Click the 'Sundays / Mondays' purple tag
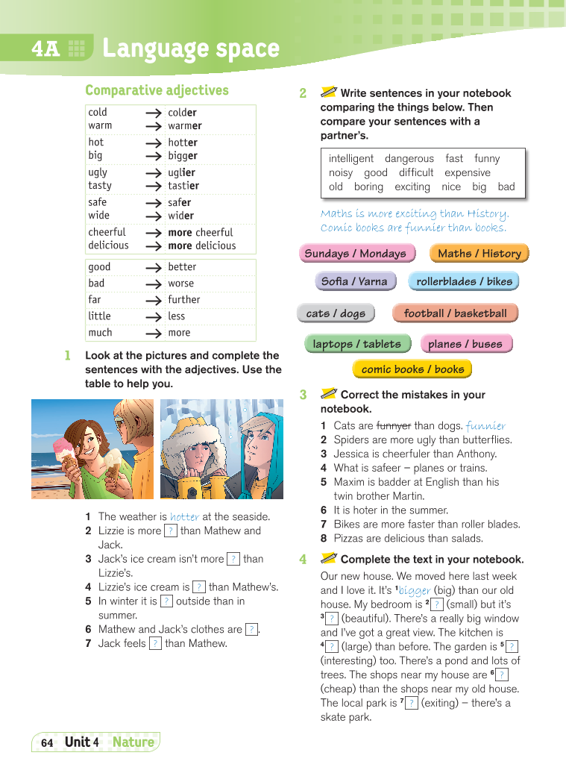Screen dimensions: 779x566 tap(356, 253)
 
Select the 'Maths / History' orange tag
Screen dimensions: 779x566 tap(479, 253)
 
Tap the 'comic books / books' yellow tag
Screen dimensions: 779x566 tap(412, 369)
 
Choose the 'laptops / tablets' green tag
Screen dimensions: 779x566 tap(356, 344)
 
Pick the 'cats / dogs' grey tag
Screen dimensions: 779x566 tap(336, 313)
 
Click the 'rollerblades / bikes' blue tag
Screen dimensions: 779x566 tap(464, 281)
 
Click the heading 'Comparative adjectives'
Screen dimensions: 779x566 tap(157, 90)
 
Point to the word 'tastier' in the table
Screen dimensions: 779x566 tap(183, 186)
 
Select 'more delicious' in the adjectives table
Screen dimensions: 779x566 tap(201, 245)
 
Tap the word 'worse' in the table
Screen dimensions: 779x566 tap(180, 284)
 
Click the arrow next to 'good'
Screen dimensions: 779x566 tap(154, 267)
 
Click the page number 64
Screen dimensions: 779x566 tap(47, 742)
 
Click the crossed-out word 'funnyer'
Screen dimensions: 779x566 tap(393, 426)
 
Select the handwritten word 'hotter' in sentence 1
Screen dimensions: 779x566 tap(184, 516)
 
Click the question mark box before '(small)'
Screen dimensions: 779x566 tap(437, 604)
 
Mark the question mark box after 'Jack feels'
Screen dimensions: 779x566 tap(155, 643)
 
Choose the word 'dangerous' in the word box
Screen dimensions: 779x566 tap(409, 158)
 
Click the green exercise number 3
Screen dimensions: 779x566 tap(303, 395)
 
